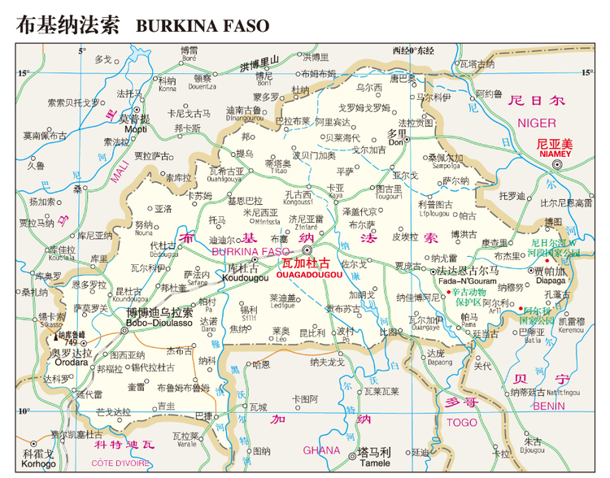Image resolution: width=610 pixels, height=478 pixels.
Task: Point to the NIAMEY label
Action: [556, 152]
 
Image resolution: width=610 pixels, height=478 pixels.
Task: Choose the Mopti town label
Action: [136, 129]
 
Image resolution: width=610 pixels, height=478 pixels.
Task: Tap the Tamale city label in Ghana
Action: [374, 463]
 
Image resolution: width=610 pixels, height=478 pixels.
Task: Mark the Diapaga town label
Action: [550, 281]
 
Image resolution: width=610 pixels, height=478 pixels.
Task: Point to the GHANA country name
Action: [321, 450]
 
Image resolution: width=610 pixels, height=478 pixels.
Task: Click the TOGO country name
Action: [462, 423]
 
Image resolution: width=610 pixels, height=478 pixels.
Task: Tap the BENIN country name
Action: [549, 405]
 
